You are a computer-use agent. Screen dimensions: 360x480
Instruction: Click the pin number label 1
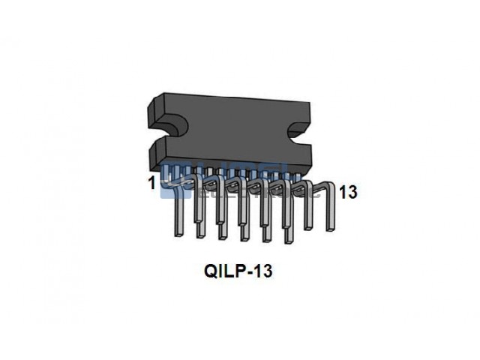[152, 183]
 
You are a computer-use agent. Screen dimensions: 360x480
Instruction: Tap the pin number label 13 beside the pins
[347, 192]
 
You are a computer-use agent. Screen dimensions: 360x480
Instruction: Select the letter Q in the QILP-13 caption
[210, 271]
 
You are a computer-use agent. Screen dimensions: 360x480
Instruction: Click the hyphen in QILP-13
[250, 271]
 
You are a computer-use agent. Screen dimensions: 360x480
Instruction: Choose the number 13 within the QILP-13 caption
[262, 271]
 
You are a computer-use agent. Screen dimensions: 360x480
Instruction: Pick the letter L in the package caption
[229, 271]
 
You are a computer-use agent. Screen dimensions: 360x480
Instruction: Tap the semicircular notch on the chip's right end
[304, 133]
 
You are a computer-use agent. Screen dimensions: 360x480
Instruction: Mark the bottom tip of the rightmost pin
[331, 229]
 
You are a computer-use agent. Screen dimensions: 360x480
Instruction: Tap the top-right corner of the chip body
[328, 105]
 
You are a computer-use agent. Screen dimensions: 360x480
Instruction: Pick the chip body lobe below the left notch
[163, 153]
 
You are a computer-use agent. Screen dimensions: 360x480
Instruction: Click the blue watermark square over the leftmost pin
[175, 172]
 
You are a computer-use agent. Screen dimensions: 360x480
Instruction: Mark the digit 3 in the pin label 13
[352, 192]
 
